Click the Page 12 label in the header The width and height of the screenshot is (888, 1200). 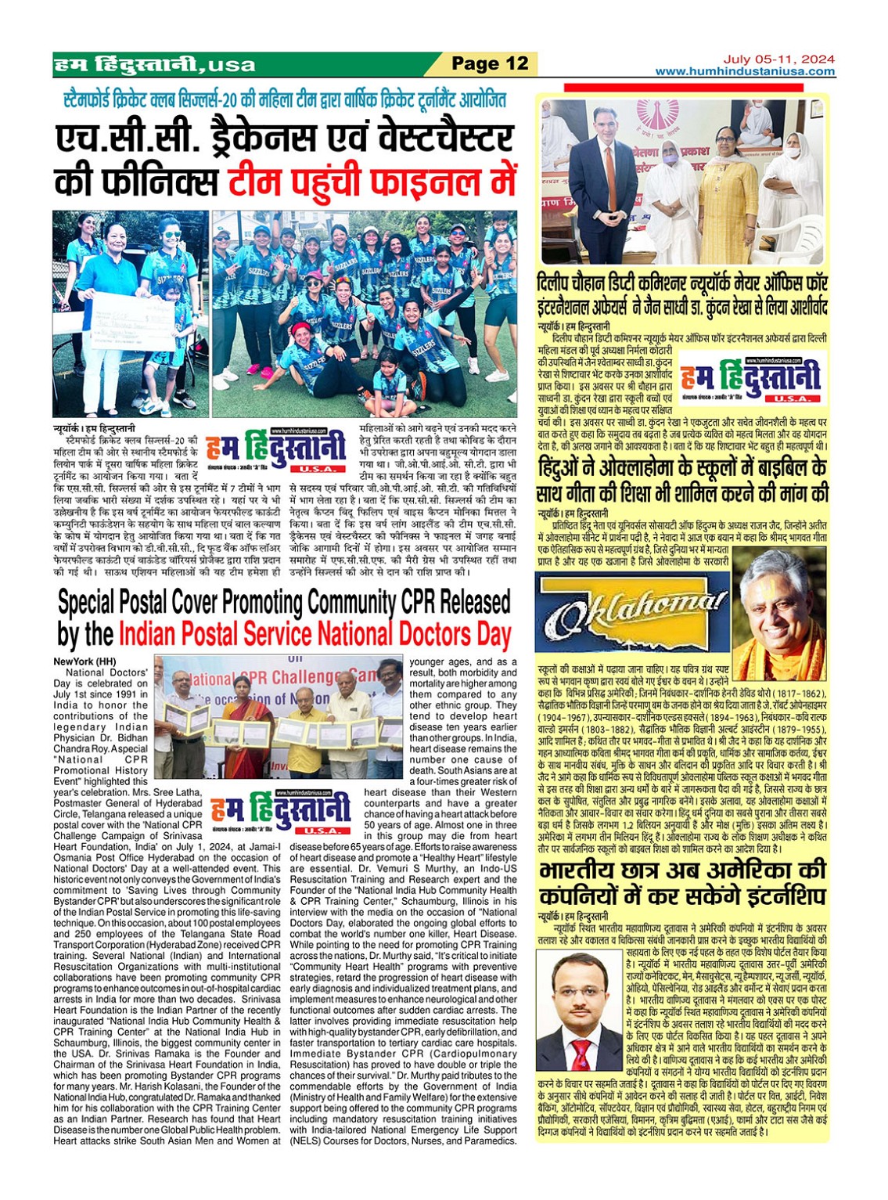(x=491, y=63)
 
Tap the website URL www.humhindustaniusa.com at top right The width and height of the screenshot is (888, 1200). (x=745, y=71)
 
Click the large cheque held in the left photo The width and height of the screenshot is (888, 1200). (x=132, y=320)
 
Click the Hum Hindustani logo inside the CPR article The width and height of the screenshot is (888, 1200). (x=279, y=812)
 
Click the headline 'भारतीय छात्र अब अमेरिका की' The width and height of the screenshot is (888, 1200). (x=682, y=871)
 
